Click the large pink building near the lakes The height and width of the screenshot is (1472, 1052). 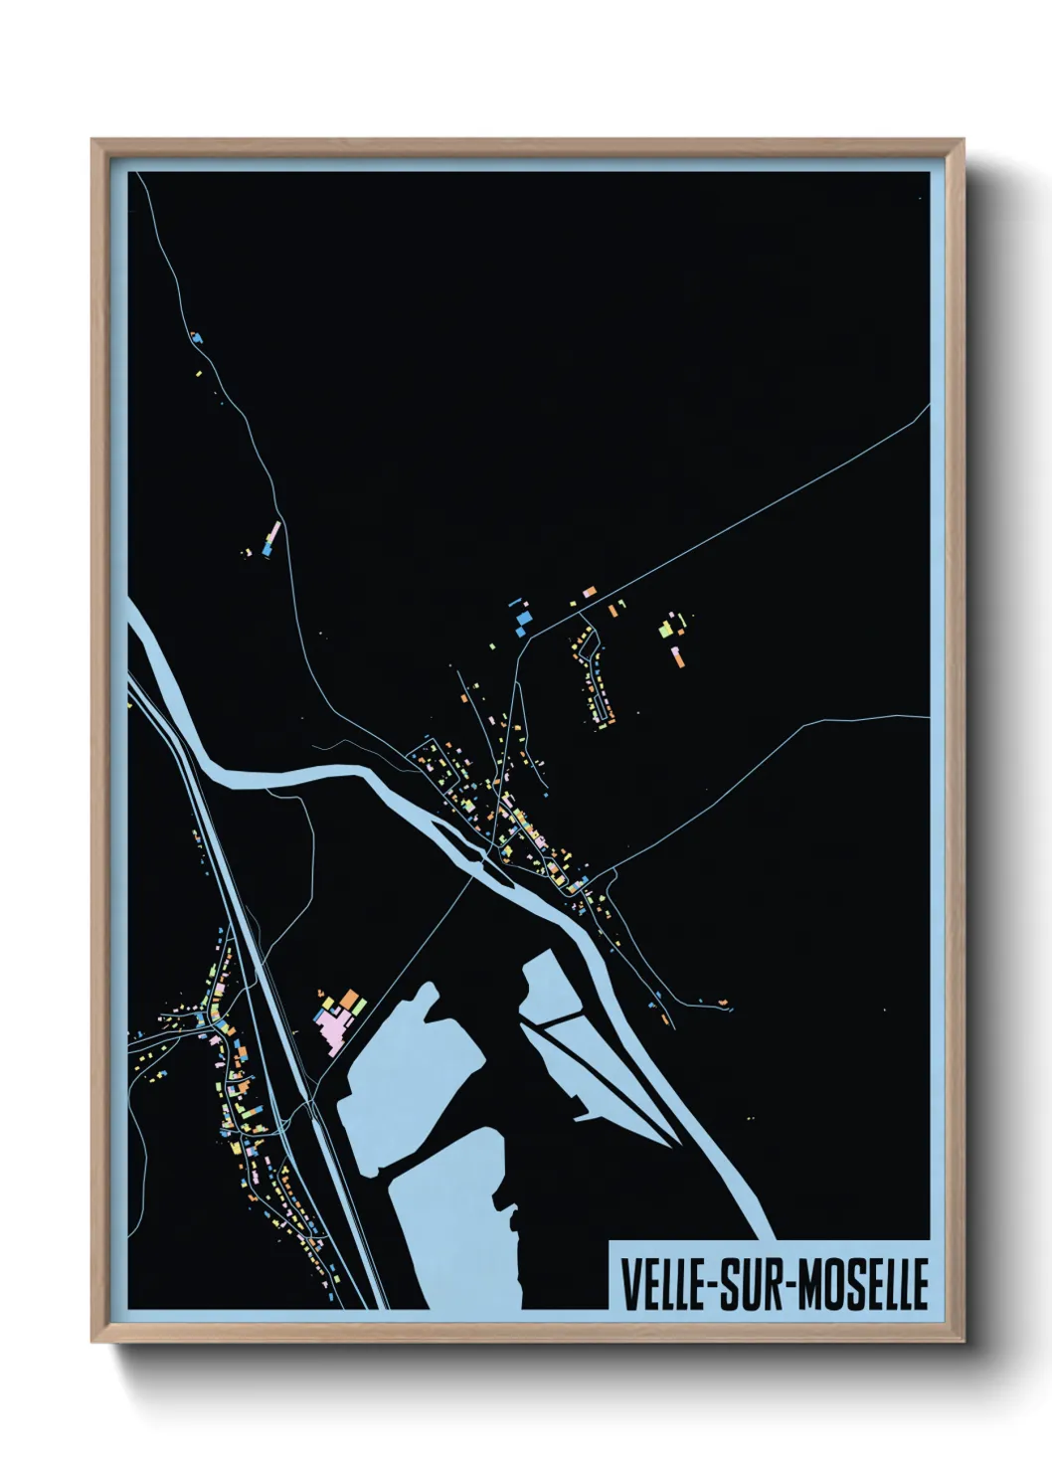tap(331, 1021)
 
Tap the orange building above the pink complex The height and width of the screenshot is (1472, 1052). tap(350, 998)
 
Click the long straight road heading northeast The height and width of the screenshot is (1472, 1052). tap(756, 517)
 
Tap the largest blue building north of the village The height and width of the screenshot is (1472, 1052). tap(523, 623)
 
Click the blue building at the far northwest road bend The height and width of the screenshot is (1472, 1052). tap(198, 338)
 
